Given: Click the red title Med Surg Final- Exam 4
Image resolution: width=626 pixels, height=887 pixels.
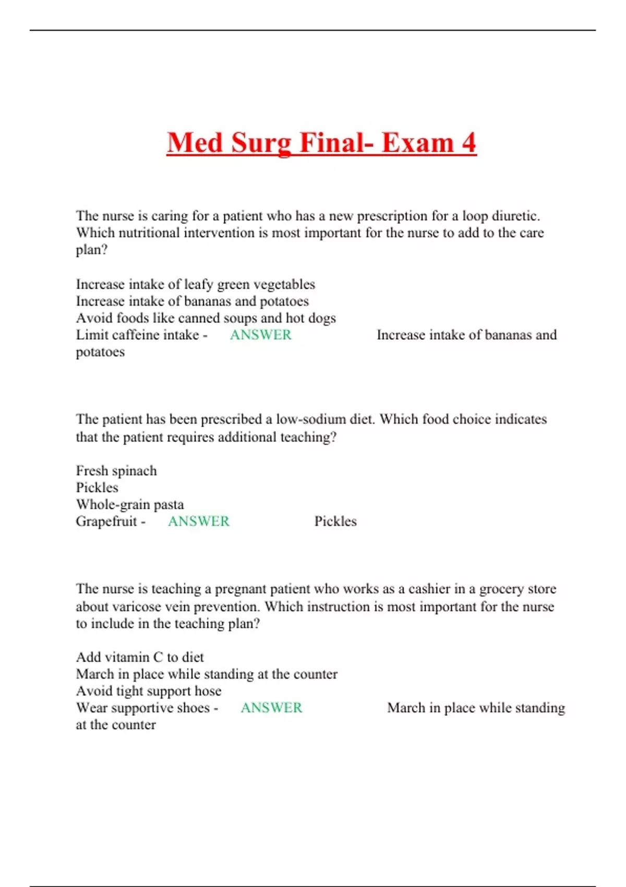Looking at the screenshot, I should tap(321, 142).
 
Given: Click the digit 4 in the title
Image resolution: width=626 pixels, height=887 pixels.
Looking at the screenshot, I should tap(468, 142).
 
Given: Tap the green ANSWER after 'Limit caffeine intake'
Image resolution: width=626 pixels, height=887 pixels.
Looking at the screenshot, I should tap(260, 335).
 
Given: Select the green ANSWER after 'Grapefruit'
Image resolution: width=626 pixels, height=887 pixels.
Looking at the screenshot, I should tap(198, 521).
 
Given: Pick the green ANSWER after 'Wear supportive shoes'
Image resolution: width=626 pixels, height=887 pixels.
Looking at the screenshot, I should tap(271, 708).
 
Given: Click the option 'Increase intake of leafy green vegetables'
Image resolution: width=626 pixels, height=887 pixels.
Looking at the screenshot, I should tap(195, 284).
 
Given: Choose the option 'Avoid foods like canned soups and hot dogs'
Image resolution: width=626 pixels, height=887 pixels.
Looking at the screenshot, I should tap(206, 318).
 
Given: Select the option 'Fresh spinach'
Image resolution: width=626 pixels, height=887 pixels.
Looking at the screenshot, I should tap(116, 471).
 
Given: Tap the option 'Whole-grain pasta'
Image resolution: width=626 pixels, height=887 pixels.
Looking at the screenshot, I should tap(129, 505).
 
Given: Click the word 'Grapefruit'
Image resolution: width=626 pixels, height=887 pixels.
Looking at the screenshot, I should tap(106, 521).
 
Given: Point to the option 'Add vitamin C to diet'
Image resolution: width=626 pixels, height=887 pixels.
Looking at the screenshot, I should tap(140, 657).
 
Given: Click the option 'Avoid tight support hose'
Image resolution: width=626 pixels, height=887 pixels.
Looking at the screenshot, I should tap(148, 691).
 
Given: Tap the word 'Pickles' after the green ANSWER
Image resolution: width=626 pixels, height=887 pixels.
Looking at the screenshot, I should tap(335, 521).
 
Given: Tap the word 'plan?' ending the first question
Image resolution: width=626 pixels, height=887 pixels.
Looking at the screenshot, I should tap(91, 250).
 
